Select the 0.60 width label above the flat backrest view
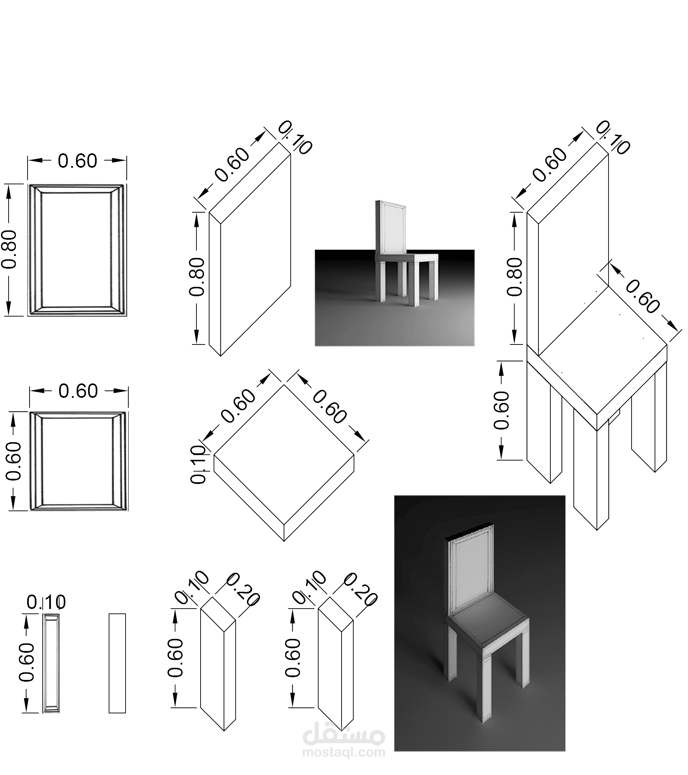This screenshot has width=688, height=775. coord(77,161)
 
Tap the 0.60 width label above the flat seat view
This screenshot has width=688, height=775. coord(78,391)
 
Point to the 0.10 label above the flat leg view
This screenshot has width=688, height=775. coord(46,602)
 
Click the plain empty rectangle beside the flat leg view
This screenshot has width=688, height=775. coord(117,663)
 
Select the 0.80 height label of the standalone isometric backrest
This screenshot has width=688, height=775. coord(197,277)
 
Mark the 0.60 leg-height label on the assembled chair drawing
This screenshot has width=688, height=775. coord(501,411)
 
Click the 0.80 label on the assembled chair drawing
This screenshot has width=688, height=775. coord(515,277)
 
